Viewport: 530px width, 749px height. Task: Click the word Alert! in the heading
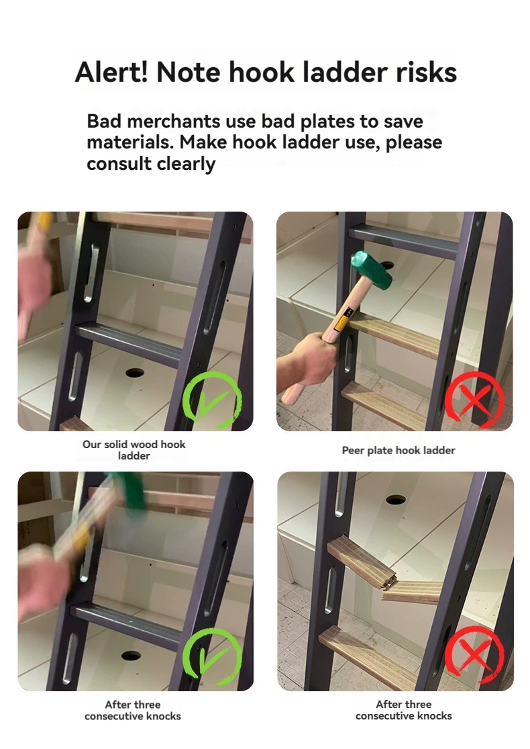[111, 73]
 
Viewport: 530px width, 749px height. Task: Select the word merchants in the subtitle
[174, 122]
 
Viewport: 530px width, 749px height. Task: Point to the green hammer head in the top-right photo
[372, 270]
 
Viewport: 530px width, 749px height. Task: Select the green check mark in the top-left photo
[212, 399]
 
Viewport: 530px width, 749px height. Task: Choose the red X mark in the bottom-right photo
[474, 654]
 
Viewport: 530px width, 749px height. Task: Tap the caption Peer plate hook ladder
[399, 451]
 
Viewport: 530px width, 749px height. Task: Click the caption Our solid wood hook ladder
[134, 450]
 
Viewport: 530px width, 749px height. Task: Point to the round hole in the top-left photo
[135, 372]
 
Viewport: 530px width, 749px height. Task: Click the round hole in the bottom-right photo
[395, 500]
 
